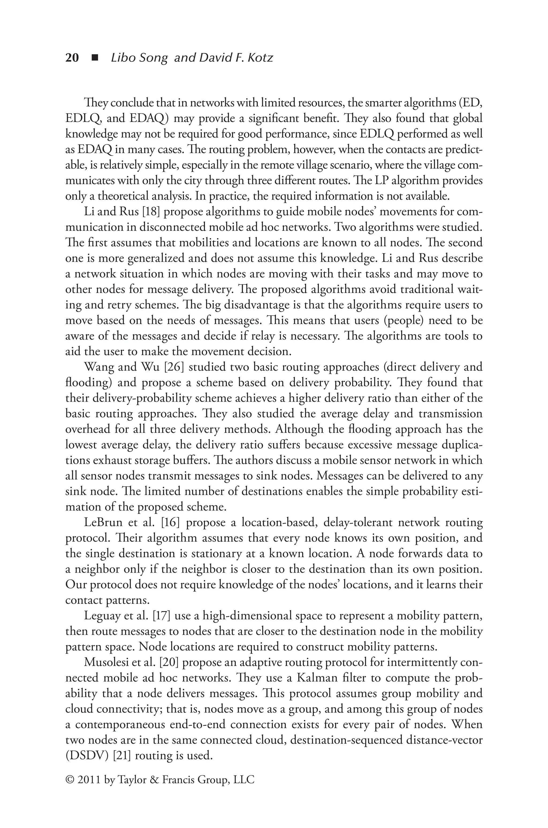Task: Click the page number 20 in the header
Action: point(72,58)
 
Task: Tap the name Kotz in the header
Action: point(260,58)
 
